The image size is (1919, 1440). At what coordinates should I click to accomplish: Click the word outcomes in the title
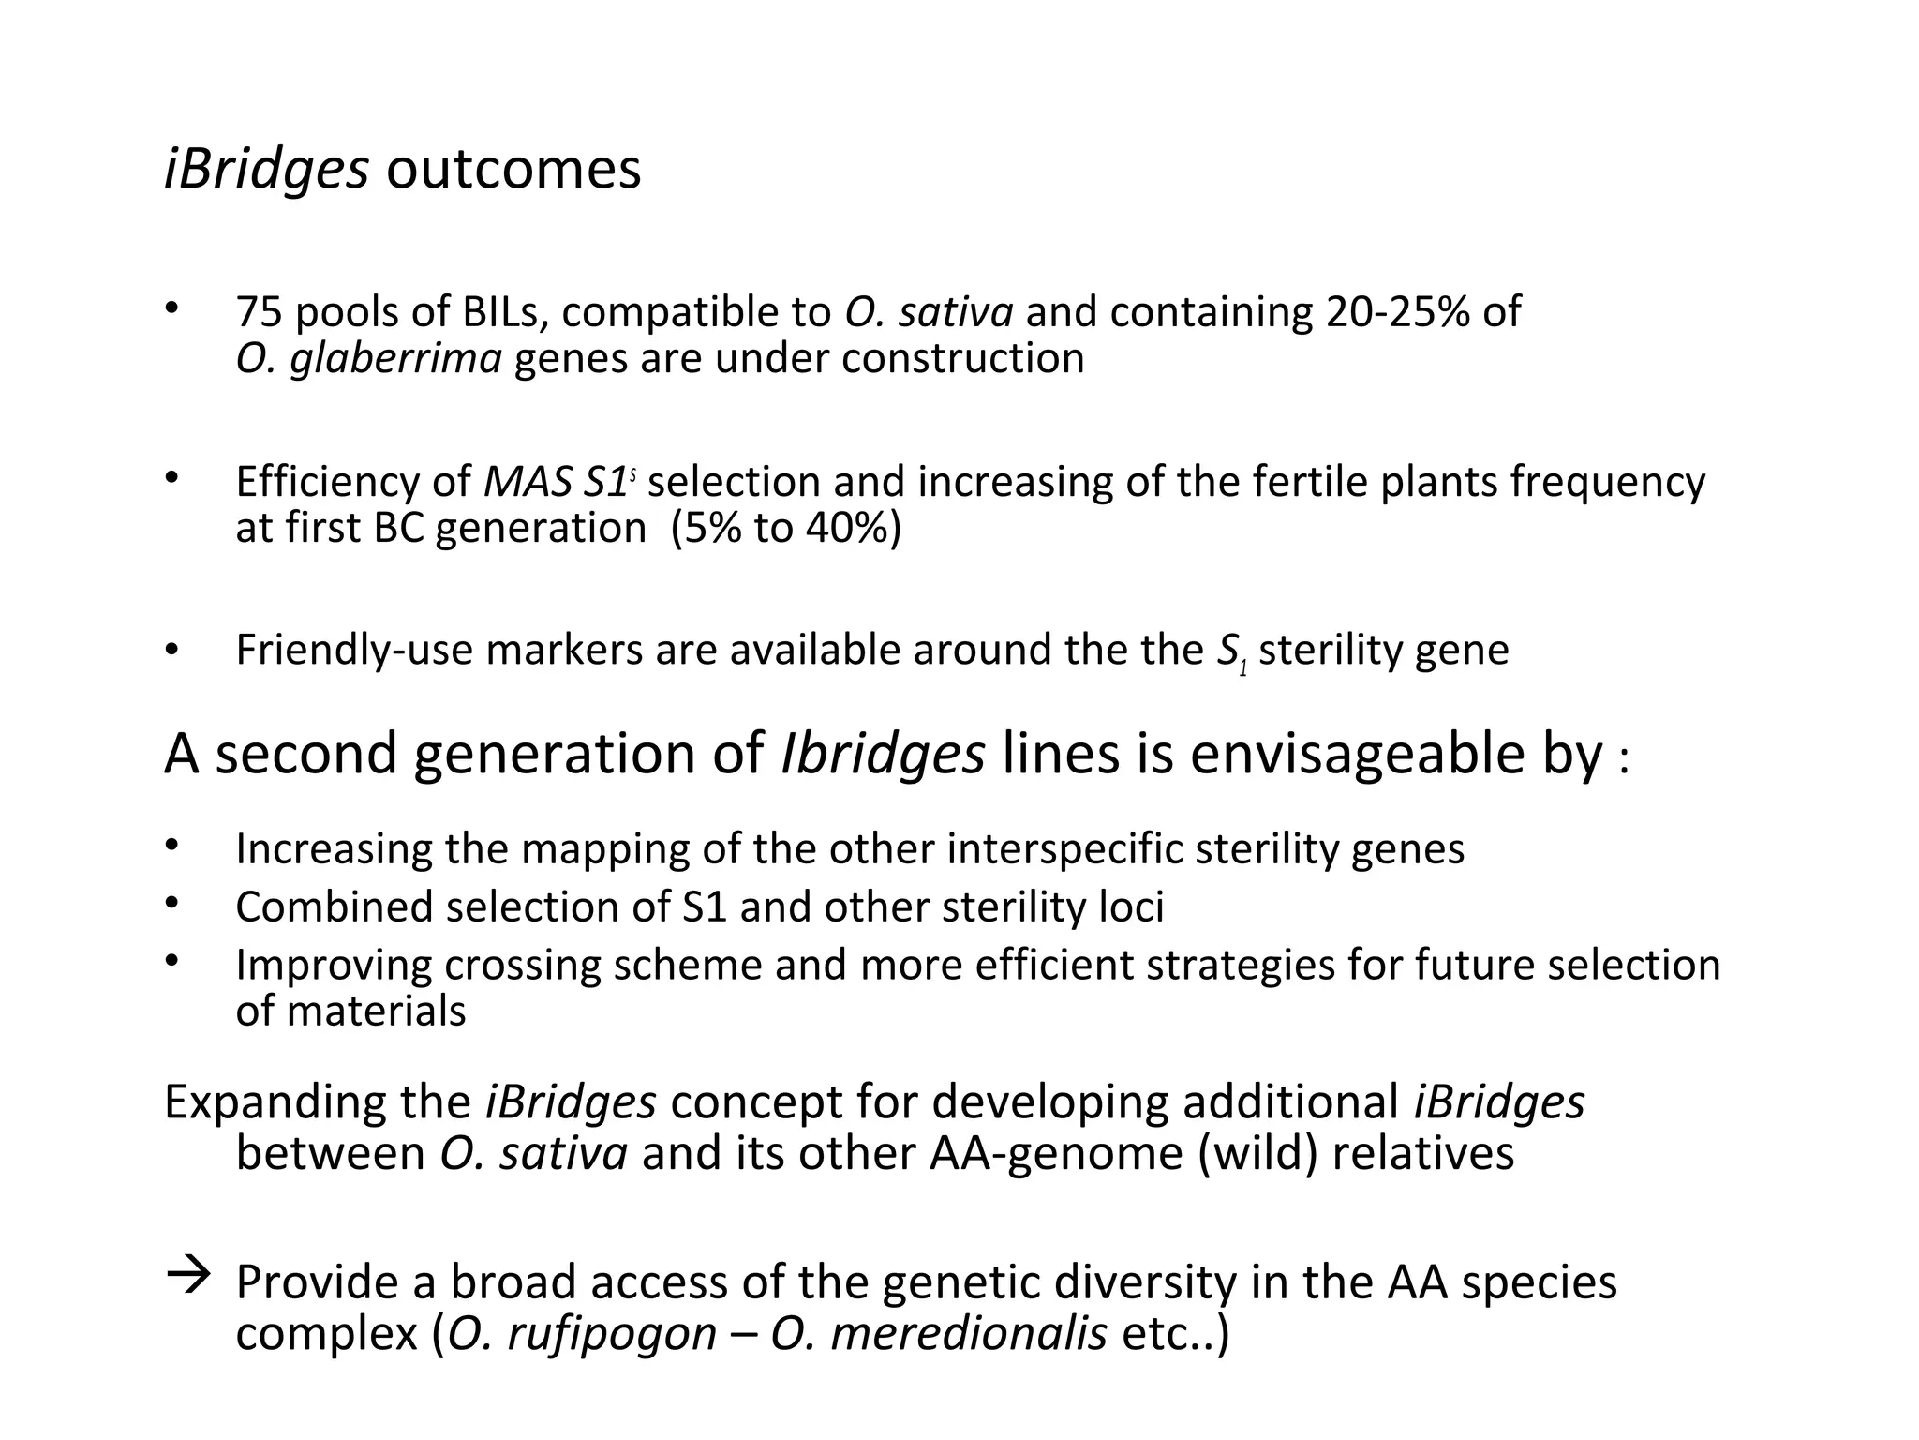[x=513, y=170]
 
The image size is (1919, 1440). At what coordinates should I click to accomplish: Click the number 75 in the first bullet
[x=259, y=312]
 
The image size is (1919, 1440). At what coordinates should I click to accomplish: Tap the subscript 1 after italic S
[x=1243, y=669]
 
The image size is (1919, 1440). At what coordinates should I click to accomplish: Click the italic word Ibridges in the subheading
[x=882, y=754]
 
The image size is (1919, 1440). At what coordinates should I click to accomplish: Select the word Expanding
[x=275, y=1103]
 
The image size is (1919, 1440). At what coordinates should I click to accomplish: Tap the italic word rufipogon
[x=612, y=1334]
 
